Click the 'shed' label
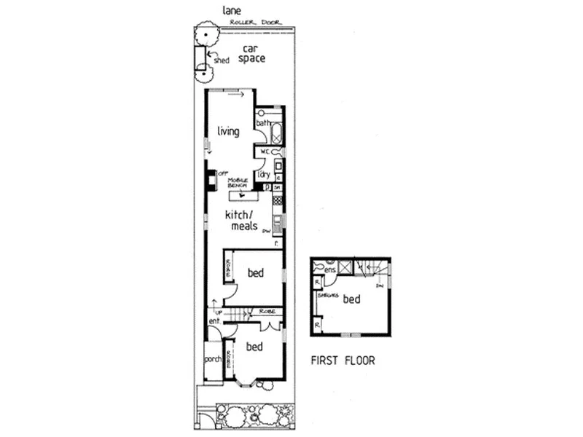coord(222,61)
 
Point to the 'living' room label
coord(229,132)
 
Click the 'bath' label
coord(262,124)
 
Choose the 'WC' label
coord(265,151)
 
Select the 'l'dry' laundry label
coord(264,175)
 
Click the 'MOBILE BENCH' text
coord(238,183)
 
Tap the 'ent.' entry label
coord(215,320)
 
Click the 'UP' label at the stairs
coord(217,312)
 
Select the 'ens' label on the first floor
coord(329,271)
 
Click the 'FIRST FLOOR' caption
coord(343,361)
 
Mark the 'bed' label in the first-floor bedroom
coord(352,299)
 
